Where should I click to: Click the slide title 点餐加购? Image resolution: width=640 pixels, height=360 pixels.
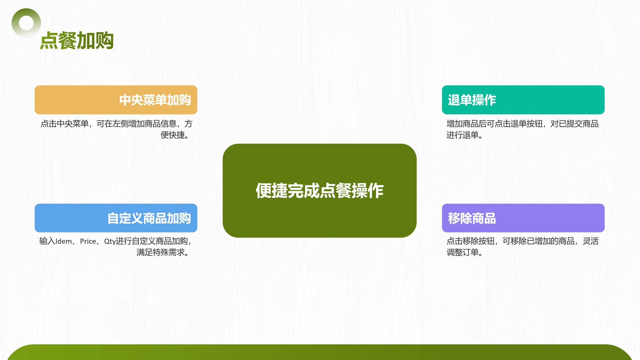pyautogui.click(x=77, y=41)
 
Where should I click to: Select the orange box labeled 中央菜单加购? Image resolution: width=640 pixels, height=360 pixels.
pyautogui.click(x=116, y=100)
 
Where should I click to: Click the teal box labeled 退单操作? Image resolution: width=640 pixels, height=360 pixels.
pyautogui.click(x=523, y=100)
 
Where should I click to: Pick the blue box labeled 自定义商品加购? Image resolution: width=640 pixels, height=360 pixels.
pyautogui.click(x=116, y=218)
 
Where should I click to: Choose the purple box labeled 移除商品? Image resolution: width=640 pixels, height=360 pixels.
pyautogui.click(x=523, y=218)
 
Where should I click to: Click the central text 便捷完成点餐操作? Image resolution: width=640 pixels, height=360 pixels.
pyautogui.click(x=320, y=191)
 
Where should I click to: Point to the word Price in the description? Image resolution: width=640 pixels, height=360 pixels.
pyautogui.click(x=88, y=241)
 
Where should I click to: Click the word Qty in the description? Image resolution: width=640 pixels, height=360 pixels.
pyautogui.click(x=110, y=242)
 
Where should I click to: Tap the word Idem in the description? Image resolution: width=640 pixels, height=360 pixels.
pyautogui.click(x=64, y=241)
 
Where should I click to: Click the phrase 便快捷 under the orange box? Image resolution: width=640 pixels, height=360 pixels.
pyautogui.click(x=173, y=135)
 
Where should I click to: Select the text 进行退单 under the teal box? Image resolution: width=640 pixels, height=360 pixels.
pyautogui.click(x=463, y=135)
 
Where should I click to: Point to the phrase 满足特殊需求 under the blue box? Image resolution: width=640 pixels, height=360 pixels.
pyautogui.click(x=160, y=252)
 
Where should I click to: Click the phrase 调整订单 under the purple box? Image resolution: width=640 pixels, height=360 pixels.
pyautogui.click(x=463, y=252)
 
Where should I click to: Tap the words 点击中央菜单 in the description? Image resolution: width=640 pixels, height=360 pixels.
pyautogui.click(x=65, y=124)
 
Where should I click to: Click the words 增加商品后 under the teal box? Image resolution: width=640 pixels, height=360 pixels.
pyautogui.click(x=467, y=124)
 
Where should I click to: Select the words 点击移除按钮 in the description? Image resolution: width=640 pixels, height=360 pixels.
pyautogui.click(x=471, y=241)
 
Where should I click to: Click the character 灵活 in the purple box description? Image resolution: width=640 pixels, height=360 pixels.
pyautogui.click(x=591, y=241)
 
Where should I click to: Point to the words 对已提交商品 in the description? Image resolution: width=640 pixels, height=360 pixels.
pyautogui.click(x=575, y=124)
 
